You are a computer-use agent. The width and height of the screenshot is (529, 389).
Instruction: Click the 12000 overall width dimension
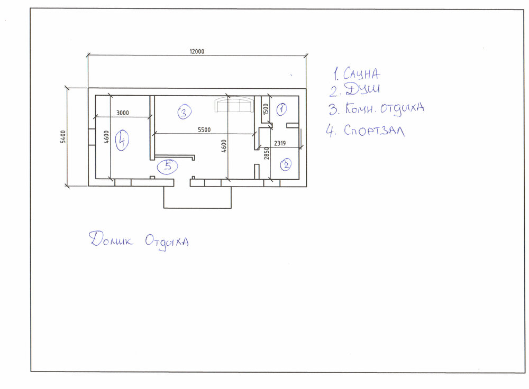tap(197, 51)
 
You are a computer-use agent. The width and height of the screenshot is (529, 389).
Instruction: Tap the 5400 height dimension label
tap(63, 137)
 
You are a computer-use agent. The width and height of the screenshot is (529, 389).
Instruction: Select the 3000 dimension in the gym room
tap(123, 113)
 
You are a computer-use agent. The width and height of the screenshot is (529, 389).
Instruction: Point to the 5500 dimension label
tap(204, 130)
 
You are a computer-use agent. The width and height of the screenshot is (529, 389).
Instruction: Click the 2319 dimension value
tap(280, 143)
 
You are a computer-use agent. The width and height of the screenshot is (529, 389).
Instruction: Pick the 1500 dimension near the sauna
tap(266, 109)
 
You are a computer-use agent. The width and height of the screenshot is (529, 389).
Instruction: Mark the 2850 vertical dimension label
tap(267, 153)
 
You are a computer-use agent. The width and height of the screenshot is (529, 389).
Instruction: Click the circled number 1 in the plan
tap(282, 109)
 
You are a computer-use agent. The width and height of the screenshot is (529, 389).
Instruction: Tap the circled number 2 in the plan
tap(286, 164)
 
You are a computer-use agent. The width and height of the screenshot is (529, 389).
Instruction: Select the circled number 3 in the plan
tap(184, 112)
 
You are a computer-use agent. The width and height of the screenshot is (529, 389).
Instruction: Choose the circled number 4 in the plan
tap(122, 140)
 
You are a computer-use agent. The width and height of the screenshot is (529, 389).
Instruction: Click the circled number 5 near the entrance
tap(167, 166)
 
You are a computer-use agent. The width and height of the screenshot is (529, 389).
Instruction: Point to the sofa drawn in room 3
tap(234, 105)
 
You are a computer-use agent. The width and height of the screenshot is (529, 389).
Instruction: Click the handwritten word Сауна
tap(361, 74)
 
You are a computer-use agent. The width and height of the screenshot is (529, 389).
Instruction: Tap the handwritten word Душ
tap(362, 89)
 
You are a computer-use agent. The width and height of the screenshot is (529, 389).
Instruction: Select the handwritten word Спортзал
tap(374, 131)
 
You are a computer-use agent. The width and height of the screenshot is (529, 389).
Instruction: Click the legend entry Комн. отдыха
tap(384, 108)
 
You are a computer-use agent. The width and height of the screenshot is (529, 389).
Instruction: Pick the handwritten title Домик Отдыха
tap(139, 240)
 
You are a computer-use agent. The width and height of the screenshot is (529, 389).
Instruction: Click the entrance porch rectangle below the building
tap(197, 197)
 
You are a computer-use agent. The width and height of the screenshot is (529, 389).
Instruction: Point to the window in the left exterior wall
tap(92, 137)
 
